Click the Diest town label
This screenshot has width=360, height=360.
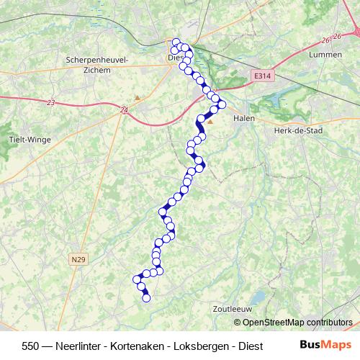[x=174, y=58]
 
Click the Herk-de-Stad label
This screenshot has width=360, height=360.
[x=297, y=131]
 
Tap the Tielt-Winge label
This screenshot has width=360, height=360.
[x=26, y=140]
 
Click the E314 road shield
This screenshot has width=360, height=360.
[x=263, y=74]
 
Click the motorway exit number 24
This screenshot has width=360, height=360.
[x=125, y=109]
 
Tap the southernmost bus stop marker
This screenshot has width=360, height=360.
[x=147, y=297]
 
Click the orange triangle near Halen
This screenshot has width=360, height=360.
[x=210, y=122]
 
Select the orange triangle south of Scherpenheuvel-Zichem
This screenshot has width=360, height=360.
[x=137, y=97]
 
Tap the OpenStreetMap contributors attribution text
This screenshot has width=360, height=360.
[x=297, y=322]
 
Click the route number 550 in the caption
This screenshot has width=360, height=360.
[x=31, y=345]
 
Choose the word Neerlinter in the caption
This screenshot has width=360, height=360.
[x=78, y=345]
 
